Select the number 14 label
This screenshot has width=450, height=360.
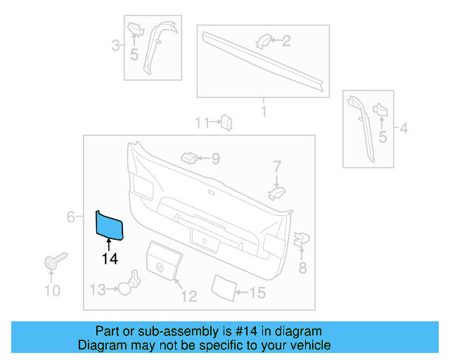point(109,259)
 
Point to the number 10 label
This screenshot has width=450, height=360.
point(52,290)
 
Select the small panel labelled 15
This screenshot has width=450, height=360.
point(224,286)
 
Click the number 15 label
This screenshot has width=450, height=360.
point(257,292)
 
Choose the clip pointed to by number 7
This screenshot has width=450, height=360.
point(278,191)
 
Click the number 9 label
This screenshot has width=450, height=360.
point(214,159)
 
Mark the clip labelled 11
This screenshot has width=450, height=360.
point(227,123)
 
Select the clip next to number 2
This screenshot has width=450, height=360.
point(262,41)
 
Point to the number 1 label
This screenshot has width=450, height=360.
point(263,111)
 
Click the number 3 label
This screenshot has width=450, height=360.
point(115,46)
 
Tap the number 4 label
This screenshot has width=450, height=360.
point(404,128)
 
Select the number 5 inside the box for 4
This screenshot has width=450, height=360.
point(382,136)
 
